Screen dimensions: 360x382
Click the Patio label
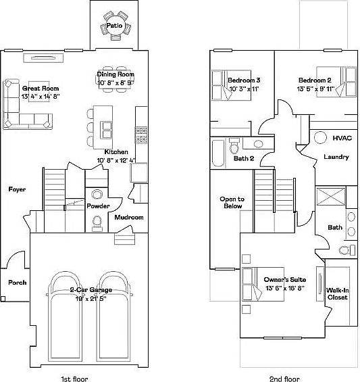(114, 25)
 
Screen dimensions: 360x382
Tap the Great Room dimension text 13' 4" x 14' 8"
(41, 97)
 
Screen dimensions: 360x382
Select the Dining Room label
(115, 74)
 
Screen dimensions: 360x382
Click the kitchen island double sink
(107, 130)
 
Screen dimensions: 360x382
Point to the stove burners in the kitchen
(141, 135)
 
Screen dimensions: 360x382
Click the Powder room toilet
(97, 222)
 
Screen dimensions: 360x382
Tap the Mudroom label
(129, 217)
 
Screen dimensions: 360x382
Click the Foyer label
(17, 189)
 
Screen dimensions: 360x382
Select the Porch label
(17, 283)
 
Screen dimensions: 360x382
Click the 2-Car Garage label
(91, 289)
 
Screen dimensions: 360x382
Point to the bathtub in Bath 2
(218, 153)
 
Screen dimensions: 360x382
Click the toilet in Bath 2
(234, 146)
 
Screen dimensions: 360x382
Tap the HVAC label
(342, 138)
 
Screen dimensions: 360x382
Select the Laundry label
(336, 157)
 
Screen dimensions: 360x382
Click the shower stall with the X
(331, 196)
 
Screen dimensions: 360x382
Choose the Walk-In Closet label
(337, 293)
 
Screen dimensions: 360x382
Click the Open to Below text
(232, 202)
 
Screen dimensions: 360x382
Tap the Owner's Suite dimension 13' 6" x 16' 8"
(285, 288)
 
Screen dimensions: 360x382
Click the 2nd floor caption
(284, 379)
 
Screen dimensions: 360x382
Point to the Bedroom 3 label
(244, 80)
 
